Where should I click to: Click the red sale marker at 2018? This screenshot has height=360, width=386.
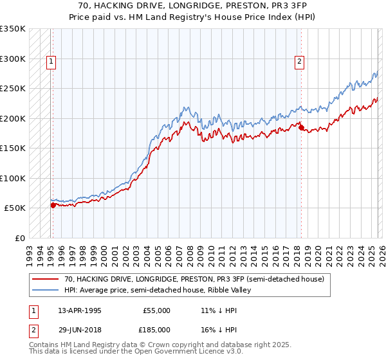pos(301,128)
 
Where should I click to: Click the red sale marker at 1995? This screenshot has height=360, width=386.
pos(53,205)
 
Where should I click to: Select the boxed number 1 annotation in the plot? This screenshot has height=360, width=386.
pos(51,62)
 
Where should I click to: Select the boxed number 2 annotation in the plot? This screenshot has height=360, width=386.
pos(300,62)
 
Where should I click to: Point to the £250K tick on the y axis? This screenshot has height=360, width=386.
pos(13,89)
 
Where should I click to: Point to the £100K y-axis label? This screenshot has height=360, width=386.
pos(13,178)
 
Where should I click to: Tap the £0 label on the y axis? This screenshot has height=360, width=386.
pos(19,238)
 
